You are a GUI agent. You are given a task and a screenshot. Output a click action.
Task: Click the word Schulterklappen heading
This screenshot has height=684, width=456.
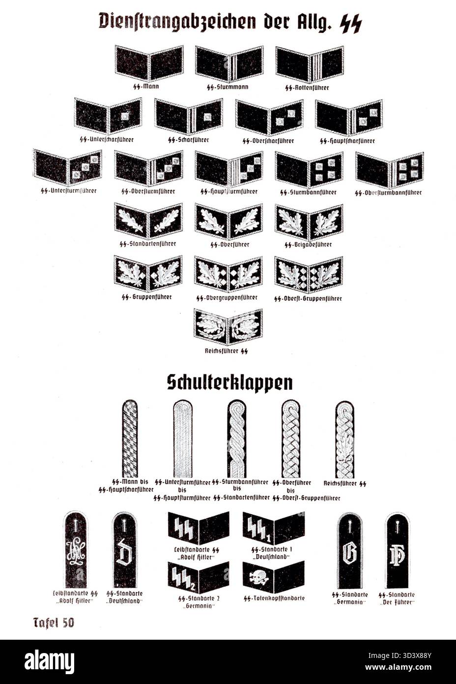[x=229, y=383]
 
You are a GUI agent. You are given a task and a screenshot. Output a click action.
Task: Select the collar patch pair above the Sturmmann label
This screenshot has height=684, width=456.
[x=229, y=64]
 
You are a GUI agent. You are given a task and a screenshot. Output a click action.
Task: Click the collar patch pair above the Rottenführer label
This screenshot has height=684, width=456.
[x=310, y=64]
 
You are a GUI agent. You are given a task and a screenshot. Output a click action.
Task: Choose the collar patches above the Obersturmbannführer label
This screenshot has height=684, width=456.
[x=390, y=170]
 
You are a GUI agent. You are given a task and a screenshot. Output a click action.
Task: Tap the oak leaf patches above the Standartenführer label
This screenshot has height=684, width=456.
[x=148, y=221]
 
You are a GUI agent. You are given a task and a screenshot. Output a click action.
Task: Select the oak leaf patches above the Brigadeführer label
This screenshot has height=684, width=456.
[x=309, y=222]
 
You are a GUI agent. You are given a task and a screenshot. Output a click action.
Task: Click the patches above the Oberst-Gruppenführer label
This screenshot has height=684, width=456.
[x=309, y=274]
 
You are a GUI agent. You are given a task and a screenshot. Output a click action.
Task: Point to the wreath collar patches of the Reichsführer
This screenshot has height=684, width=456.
[x=228, y=326]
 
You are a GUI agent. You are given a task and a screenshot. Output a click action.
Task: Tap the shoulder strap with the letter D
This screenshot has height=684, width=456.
[x=121, y=550]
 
